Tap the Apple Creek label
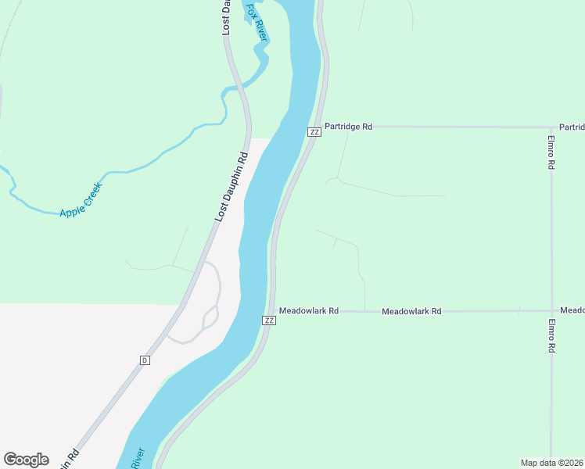(x=81, y=200)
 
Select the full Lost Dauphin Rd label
(x=231, y=186)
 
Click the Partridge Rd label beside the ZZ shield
(x=348, y=126)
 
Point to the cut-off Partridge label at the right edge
(x=572, y=127)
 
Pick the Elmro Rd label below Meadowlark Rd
(x=551, y=337)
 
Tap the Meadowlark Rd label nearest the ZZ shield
(x=309, y=310)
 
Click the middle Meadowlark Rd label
(x=411, y=311)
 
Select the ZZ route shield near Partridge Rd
(x=314, y=131)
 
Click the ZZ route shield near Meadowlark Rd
(x=269, y=320)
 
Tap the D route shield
(x=145, y=360)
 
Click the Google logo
(x=26, y=460)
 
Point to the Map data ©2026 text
(x=552, y=462)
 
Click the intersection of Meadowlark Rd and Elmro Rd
(x=551, y=310)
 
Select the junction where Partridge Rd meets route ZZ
(x=321, y=126)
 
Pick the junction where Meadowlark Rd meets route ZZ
(x=274, y=311)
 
